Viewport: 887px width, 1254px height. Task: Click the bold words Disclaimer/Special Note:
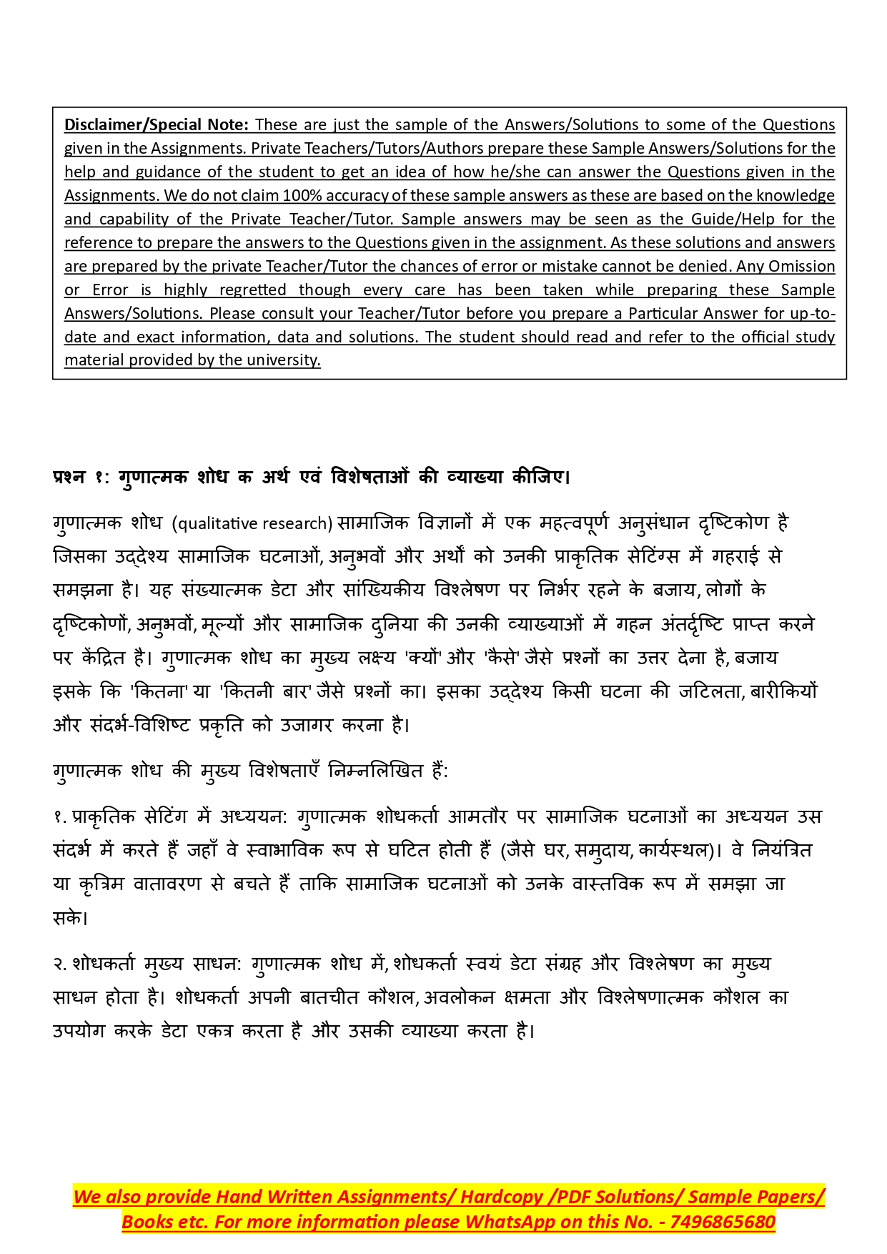point(157,124)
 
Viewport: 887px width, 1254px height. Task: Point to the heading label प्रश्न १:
point(80,477)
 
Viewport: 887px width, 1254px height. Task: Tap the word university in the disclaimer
point(282,360)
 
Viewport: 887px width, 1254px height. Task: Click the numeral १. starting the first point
point(59,816)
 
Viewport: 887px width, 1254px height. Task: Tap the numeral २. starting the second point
point(60,964)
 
